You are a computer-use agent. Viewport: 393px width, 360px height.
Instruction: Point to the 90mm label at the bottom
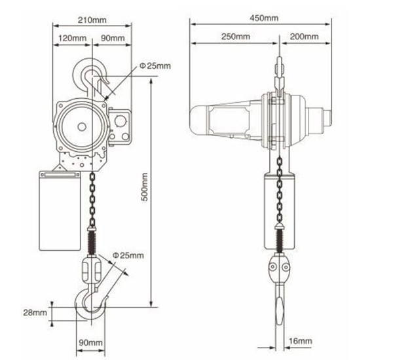pos(92,342)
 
